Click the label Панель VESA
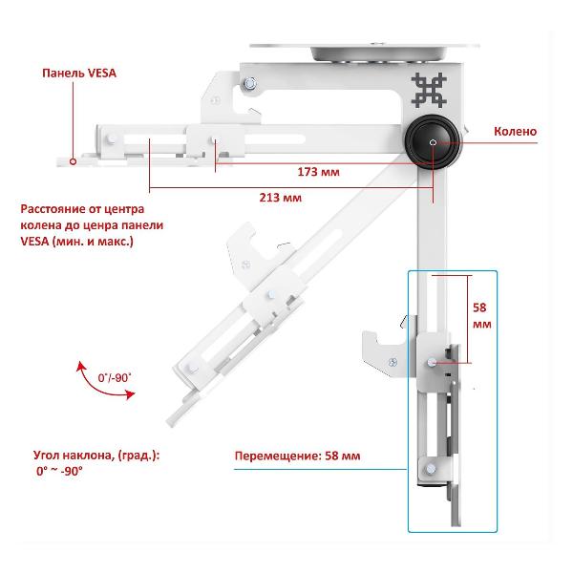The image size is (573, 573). pyautogui.click(x=79, y=74)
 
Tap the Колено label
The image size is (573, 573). pyautogui.click(x=516, y=131)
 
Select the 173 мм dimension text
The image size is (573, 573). pyautogui.click(x=319, y=172)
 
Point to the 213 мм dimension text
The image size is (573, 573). pyautogui.click(x=281, y=198)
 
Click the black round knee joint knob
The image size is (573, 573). pyautogui.click(x=433, y=141)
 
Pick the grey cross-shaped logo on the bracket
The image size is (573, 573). pyautogui.click(x=429, y=90)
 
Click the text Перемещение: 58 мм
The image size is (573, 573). pyautogui.click(x=297, y=456)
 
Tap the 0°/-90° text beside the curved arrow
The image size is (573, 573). pyautogui.click(x=115, y=377)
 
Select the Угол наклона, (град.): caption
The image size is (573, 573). pyautogui.click(x=96, y=456)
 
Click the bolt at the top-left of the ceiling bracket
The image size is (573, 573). pyautogui.click(x=250, y=84)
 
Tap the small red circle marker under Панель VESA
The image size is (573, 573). pyautogui.click(x=73, y=161)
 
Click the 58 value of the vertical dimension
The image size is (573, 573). pyautogui.click(x=479, y=308)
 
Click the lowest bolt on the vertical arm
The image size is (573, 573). pyautogui.click(x=431, y=469)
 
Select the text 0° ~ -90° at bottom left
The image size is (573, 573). pyautogui.click(x=59, y=471)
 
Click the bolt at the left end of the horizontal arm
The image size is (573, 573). pyautogui.click(x=111, y=139)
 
